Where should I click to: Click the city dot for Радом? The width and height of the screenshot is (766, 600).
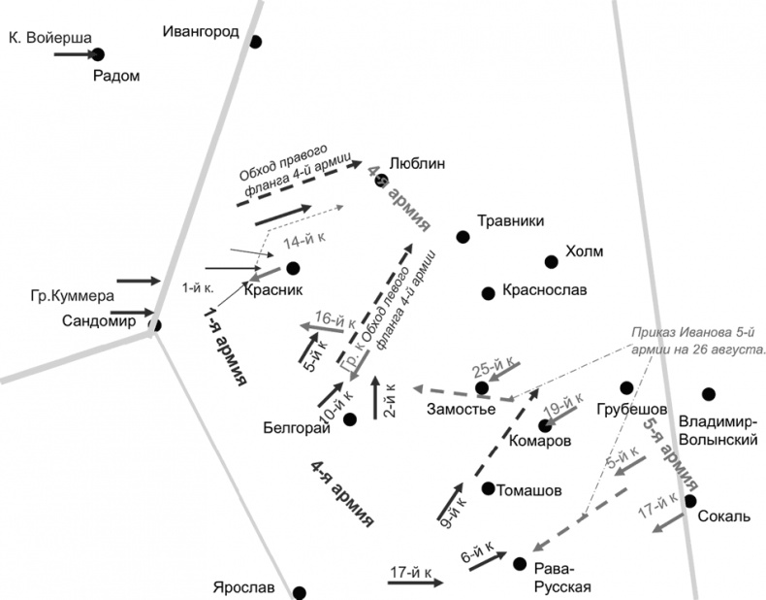click(97, 55)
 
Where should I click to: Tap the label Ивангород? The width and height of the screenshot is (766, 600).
click(201, 32)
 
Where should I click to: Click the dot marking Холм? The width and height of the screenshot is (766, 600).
click(551, 260)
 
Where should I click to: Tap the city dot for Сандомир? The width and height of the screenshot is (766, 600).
click(154, 325)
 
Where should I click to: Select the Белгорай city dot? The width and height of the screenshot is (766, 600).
click(350, 418)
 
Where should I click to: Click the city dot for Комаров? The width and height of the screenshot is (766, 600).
click(545, 424)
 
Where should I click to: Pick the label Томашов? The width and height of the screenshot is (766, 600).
click(528, 490)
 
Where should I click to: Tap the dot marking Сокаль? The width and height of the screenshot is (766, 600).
click(690, 501)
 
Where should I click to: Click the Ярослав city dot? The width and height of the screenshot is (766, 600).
click(300, 592)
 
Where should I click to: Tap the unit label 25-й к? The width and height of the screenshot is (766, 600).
click(491, 369)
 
